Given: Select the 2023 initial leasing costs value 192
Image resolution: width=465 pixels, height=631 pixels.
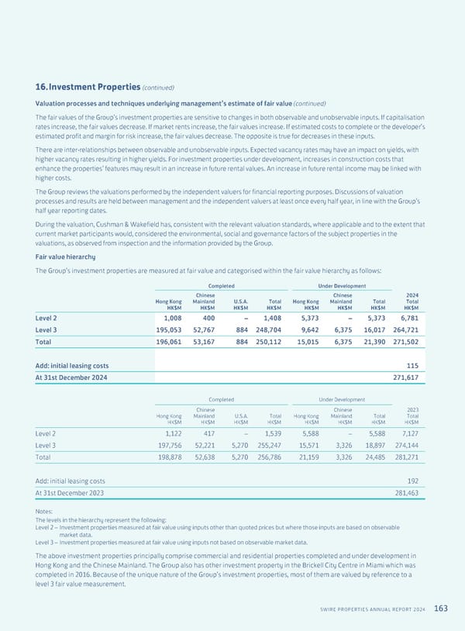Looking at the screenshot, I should tap(412, 480).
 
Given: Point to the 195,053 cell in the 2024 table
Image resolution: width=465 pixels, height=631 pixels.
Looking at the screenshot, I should tap(167, 329).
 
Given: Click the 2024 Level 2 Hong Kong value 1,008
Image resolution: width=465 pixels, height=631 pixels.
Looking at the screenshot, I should tap(171, 315).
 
